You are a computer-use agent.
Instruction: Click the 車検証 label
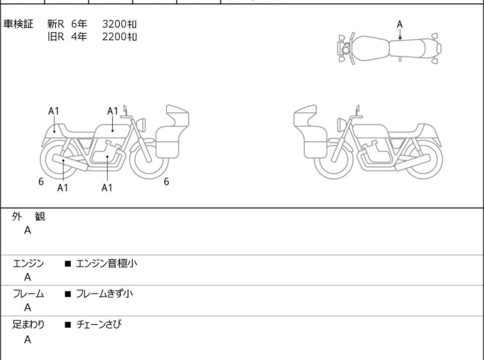pos(18,24)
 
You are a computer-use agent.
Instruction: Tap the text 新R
pos(56,24)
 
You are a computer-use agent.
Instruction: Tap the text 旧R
pos(56,37)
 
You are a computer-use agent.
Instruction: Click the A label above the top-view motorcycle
pos(400,24)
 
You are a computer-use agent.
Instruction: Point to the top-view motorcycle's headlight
pos(346,49)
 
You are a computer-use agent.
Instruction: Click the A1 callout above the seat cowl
pos(54,111)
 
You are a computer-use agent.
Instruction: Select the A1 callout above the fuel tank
pos(113,111)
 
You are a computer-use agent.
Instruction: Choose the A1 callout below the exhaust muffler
pos(63,187)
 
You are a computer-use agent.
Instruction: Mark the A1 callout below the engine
pos(107,187)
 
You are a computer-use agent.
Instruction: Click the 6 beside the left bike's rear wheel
pos(41,182)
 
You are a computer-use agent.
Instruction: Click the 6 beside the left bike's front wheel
pos(167,182)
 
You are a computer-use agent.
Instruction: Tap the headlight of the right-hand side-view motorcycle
pos(341,125)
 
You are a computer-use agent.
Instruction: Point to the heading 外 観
pos(28,217)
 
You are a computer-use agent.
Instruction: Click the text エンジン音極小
pos(106,263)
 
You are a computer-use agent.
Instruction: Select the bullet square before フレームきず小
pos(68,294)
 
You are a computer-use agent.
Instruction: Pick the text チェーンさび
pos(99,324)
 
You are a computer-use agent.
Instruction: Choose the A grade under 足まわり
pos(28,339)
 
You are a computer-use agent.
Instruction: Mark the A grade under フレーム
pos(28,308)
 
